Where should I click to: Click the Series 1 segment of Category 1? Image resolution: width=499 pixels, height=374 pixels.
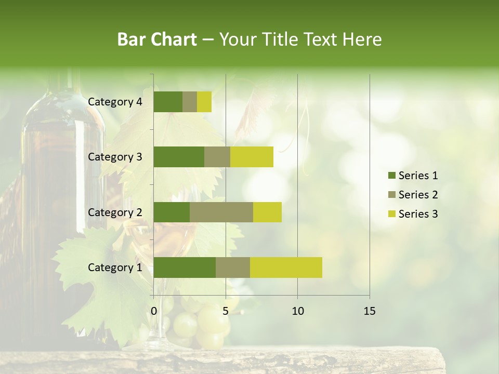click(185, 268)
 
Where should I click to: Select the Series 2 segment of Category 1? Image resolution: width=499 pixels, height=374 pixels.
click(233, 268)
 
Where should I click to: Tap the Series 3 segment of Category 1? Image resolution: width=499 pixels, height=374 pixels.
click(286, 268)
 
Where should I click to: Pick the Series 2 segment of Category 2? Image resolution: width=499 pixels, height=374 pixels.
click(221, 212)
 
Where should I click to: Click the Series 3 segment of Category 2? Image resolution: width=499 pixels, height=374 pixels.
click(267, 212)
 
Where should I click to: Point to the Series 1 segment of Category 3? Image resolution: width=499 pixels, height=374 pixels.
click(179, 157)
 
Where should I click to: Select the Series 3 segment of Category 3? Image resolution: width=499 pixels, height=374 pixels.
click(252, 157)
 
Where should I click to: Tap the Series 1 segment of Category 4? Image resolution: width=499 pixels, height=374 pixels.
click(168, 102)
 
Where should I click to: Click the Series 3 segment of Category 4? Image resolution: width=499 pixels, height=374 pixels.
click(204, 102)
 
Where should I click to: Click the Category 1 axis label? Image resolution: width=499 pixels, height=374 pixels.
click(115, 268)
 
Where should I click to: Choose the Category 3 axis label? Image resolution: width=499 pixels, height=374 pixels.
click(115, 157)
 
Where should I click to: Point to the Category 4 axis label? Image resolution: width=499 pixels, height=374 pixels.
click(115, 102)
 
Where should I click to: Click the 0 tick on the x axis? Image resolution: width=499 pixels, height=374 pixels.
click(154, 311)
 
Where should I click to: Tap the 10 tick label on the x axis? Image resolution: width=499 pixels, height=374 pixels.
click(297, 311)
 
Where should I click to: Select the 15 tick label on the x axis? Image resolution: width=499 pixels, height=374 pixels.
click(370, 311)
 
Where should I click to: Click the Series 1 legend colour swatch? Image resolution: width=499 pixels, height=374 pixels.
click(391, 176)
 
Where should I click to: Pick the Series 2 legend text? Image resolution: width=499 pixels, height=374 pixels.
click(418, 195)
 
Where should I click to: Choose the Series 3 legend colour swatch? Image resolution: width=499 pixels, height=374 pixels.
click(391, 214)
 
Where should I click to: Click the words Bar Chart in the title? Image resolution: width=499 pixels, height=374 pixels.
click(157, 39)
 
